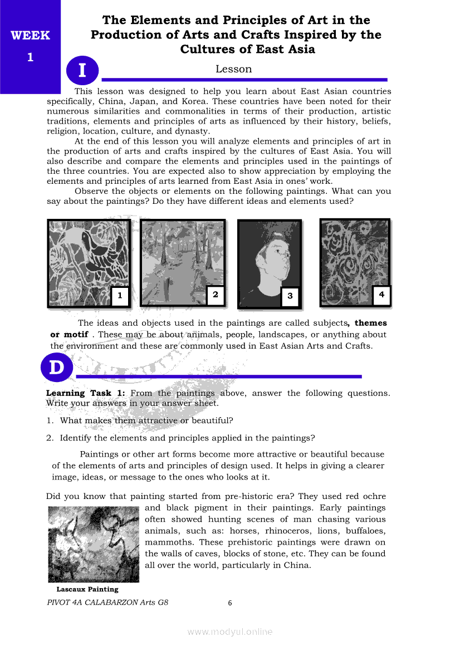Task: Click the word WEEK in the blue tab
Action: pyautogui.click(x=30, y=36)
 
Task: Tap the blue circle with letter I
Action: pyautogui.click(x=82, y=71)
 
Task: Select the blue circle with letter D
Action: pyautogui.click(x=57, y=369)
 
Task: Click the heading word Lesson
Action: pyautogui.click(x=234, y=69)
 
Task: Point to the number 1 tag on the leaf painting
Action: pyautogui.click(x=120, y=296)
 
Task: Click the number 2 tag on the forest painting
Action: pyautogui.click(x=216, y=295)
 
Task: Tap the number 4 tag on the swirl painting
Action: pyautogui.click(x=381, y=295)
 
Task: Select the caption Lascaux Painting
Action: pyautogui.click(x=87, y=589)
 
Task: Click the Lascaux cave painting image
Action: pyautogui.click(x=93, y=544)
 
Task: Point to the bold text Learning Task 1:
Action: pyautogui.click(x=86, y=393)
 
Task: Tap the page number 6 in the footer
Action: pyautogui.click(x=230, y=603)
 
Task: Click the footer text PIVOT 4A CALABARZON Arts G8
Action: pyautogui.click(x=107, y=602)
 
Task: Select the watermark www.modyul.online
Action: pyautogui.click(x=230, y=632)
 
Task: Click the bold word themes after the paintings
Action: pyautogui.click(x=370, y=323)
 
